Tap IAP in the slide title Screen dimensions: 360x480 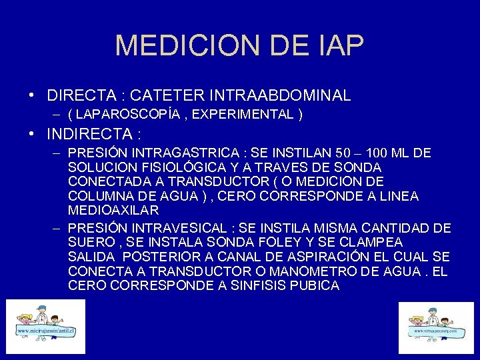click(x=338, y=46)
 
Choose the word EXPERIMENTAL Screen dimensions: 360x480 click(x=242, y=115)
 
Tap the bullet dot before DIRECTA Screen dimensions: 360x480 click(x=32, y=96)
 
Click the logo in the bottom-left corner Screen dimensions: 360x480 click(x=46, y=326)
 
